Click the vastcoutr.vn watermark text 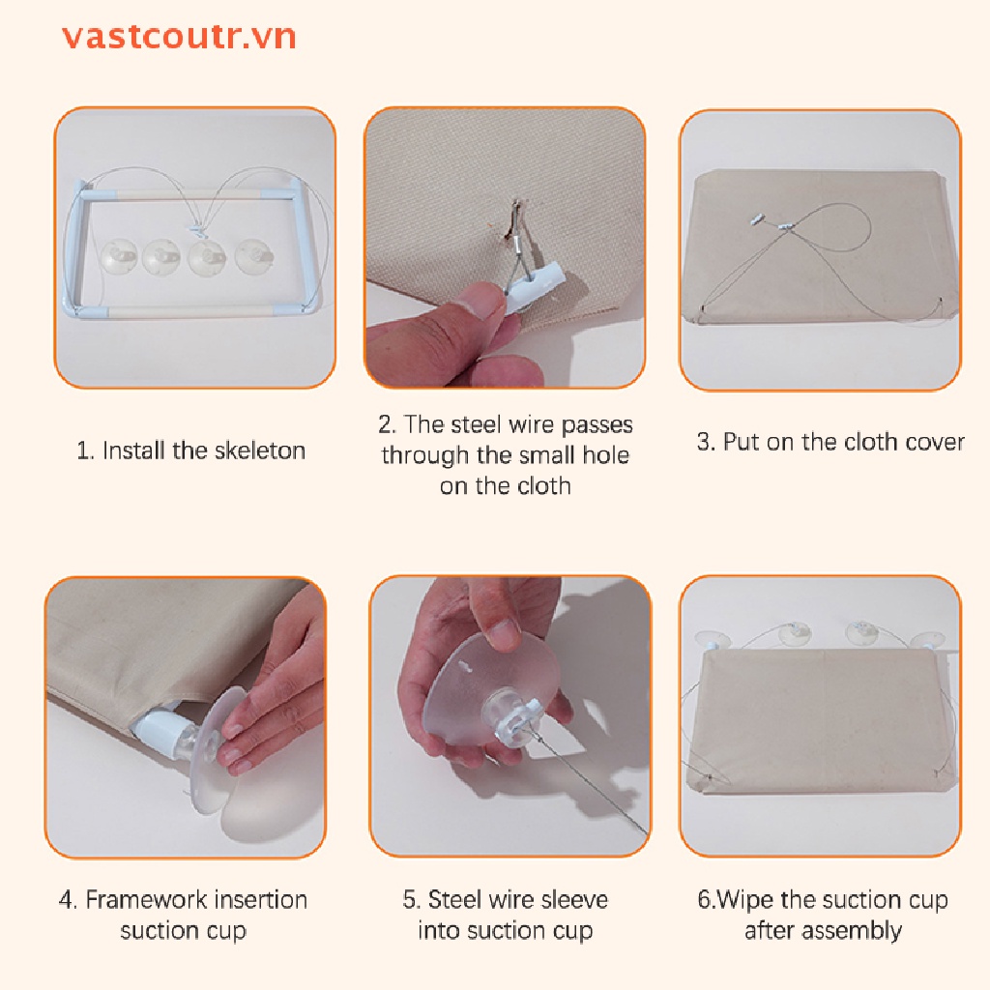tap(179, 37)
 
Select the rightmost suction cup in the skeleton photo tap(254, 257)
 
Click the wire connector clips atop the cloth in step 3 tap(773, 221)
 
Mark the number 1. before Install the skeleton tap(86, 451)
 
